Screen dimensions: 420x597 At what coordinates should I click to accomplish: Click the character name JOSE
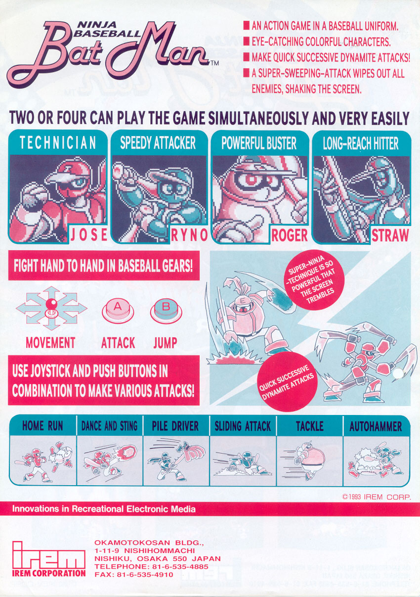89,235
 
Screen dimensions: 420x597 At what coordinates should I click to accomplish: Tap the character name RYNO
189,235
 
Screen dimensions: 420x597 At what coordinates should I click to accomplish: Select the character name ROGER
290,235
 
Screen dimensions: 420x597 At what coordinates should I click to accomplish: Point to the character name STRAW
390,235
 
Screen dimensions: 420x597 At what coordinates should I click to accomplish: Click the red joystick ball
51,304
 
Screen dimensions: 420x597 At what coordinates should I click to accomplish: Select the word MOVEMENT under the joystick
50,343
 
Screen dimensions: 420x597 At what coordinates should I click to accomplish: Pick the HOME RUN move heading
42,426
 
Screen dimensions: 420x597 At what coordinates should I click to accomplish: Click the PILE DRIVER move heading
175,426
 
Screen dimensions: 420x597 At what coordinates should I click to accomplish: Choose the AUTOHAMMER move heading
376,426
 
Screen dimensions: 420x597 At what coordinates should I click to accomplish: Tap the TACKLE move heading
310,426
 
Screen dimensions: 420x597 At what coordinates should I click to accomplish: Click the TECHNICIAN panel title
58,142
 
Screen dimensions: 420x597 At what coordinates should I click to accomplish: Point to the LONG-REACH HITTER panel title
361,143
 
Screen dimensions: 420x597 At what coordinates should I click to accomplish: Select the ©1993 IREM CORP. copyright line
377,497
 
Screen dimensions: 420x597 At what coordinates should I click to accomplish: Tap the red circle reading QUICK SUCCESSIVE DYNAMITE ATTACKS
287,382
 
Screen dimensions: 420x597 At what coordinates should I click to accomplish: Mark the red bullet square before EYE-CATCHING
247,42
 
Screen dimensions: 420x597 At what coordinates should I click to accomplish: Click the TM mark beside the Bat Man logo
214,63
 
